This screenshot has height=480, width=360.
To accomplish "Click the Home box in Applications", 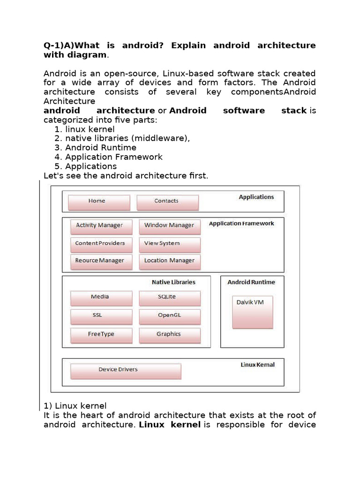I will (99, 202).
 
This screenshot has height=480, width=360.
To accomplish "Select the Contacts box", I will (167, 202).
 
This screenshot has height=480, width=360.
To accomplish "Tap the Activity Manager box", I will (101, 227).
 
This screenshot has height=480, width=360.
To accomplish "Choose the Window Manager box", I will (169, 227).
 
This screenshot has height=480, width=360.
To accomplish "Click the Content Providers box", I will (101, 245).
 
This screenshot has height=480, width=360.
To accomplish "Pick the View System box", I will (169, 245).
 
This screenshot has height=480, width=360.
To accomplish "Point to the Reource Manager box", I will (101, 262).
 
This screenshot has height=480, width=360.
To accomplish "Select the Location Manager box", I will (169, 262).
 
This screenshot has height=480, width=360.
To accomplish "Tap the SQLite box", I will (169, 298).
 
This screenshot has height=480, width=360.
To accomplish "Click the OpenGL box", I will (169, 316).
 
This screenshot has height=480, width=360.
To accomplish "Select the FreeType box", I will (101, 335).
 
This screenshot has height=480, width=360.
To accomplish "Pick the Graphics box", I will (169, 335).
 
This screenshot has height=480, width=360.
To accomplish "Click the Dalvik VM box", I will (252, 311).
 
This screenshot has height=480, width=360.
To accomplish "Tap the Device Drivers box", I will (125, 371).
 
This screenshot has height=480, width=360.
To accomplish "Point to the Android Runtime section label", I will (251, 282).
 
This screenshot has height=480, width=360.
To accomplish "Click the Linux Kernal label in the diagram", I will (257, 365).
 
